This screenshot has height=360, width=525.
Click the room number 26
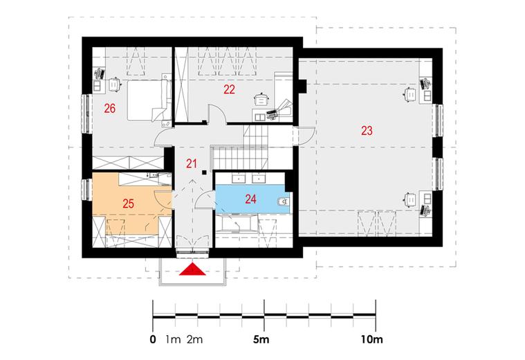pyautogui.click(x=110, y=109)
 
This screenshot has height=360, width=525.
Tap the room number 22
pyautogui.click(x=230, y=89)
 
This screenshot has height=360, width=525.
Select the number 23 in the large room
pyautogui.click(x=367, y=130)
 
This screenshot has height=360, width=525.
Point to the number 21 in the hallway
pyautogui.click(x=191, y=164)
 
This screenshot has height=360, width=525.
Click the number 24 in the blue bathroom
pyautogui.click(x=251, y=199)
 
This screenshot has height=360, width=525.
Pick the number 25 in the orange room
pyautogui.click(x=128, y=204)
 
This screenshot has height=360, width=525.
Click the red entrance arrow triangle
pyautogui.click(x=192, y=269)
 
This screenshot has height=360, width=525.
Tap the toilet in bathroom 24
pyautogui.click(x=284, y=201)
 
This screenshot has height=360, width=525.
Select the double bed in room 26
pyautogui.click(x=147, y=100)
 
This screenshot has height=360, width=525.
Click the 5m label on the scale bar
pyautogui.click(x=261, y=339)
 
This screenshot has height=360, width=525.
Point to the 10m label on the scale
pyautogui.click(x=371, y=339)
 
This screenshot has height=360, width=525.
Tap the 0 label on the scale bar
pyautogui.click(x=153, y=339)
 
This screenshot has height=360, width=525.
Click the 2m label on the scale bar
pyautogui.click(x=194, y=339)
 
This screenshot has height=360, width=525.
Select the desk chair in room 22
pyautogui.click(x=261, y=100)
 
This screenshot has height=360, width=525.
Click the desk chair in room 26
pyautogui.click(x=115, y=84)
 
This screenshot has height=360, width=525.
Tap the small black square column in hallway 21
pyautogui.click(x=203, y=172)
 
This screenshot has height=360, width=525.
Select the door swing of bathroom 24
pyautogui.click(x=205, y=200)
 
